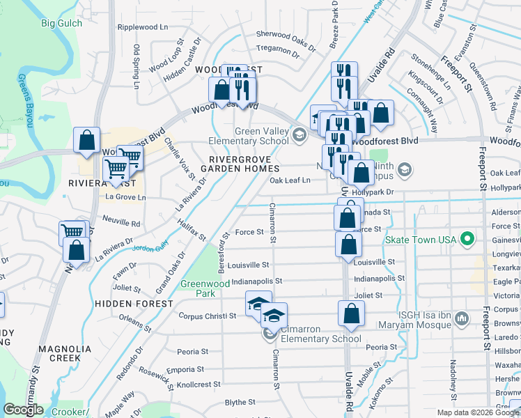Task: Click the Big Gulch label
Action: coord(61,23)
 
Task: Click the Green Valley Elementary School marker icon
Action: coord(300,134)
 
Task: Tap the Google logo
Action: coord(23,410)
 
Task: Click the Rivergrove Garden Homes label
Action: coord(240,164)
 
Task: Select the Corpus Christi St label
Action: coord(208,316)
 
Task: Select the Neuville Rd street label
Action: coord(123,224)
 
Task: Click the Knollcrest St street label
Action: coord(201,384)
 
